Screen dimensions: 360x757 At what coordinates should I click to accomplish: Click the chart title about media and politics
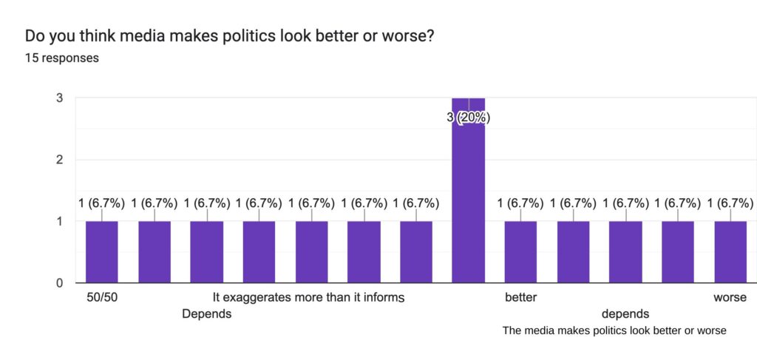pyautogui.click(x=228, y=35)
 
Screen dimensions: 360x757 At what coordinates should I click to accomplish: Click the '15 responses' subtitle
pyautogui.click(x=62, y=58)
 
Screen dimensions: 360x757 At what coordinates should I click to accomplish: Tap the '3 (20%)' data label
pyautogui.click(x=469, y=118)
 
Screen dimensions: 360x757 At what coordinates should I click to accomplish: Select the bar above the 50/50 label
pyautogui.click(x=102, y=251)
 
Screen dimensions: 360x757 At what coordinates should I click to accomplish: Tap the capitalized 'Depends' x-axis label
pyautogui.click(x=207, y=314)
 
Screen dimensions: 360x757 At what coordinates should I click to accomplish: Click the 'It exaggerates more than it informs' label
pyautogui.click(x=308, y=298)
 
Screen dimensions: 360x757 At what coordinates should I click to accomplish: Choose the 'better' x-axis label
pyautogui.click(x=521, y=298)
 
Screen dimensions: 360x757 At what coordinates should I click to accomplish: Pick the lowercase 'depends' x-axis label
pyautogui.click(x=625, y=314)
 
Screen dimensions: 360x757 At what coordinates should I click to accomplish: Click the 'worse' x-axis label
pyautogui.click(x=730, y=298)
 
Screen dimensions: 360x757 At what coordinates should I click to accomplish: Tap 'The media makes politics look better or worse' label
pyautogui.click(x=614, y=330)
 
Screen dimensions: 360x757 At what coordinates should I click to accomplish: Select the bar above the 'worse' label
pyautogui.click(x=730, y=251)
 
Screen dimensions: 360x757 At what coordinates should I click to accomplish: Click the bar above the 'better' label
pyautogui.click(x=521, y=251)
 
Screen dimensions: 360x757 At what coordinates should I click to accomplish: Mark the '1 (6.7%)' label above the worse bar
pyautogui.click(x=730, y=203)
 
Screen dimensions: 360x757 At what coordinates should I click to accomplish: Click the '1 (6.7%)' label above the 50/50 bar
pyautogui.click(x=102, y=203)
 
